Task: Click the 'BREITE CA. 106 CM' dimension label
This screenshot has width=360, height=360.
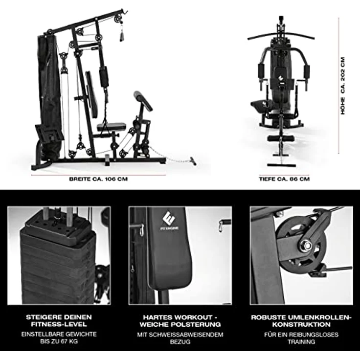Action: click(98, 179)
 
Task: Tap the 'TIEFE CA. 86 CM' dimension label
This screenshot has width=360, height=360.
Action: click(284, 179)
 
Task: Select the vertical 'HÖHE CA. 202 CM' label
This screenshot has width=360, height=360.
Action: click(343, 86)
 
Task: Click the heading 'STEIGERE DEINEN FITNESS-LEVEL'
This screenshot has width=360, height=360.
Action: click(59, 321)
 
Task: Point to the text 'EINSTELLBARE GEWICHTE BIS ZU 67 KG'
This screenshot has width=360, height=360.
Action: click(59, 337)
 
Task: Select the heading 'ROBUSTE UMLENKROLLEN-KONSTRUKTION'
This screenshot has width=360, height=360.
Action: click(301, 321)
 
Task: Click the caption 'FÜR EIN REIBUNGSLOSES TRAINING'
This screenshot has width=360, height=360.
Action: click(301, 338)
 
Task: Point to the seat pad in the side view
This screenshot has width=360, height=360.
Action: click(111, 127)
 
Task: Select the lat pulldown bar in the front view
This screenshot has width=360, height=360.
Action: click(281, 35)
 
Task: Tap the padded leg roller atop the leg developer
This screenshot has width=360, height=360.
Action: click(143, 100)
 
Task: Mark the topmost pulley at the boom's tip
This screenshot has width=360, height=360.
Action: click(117, 18)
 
